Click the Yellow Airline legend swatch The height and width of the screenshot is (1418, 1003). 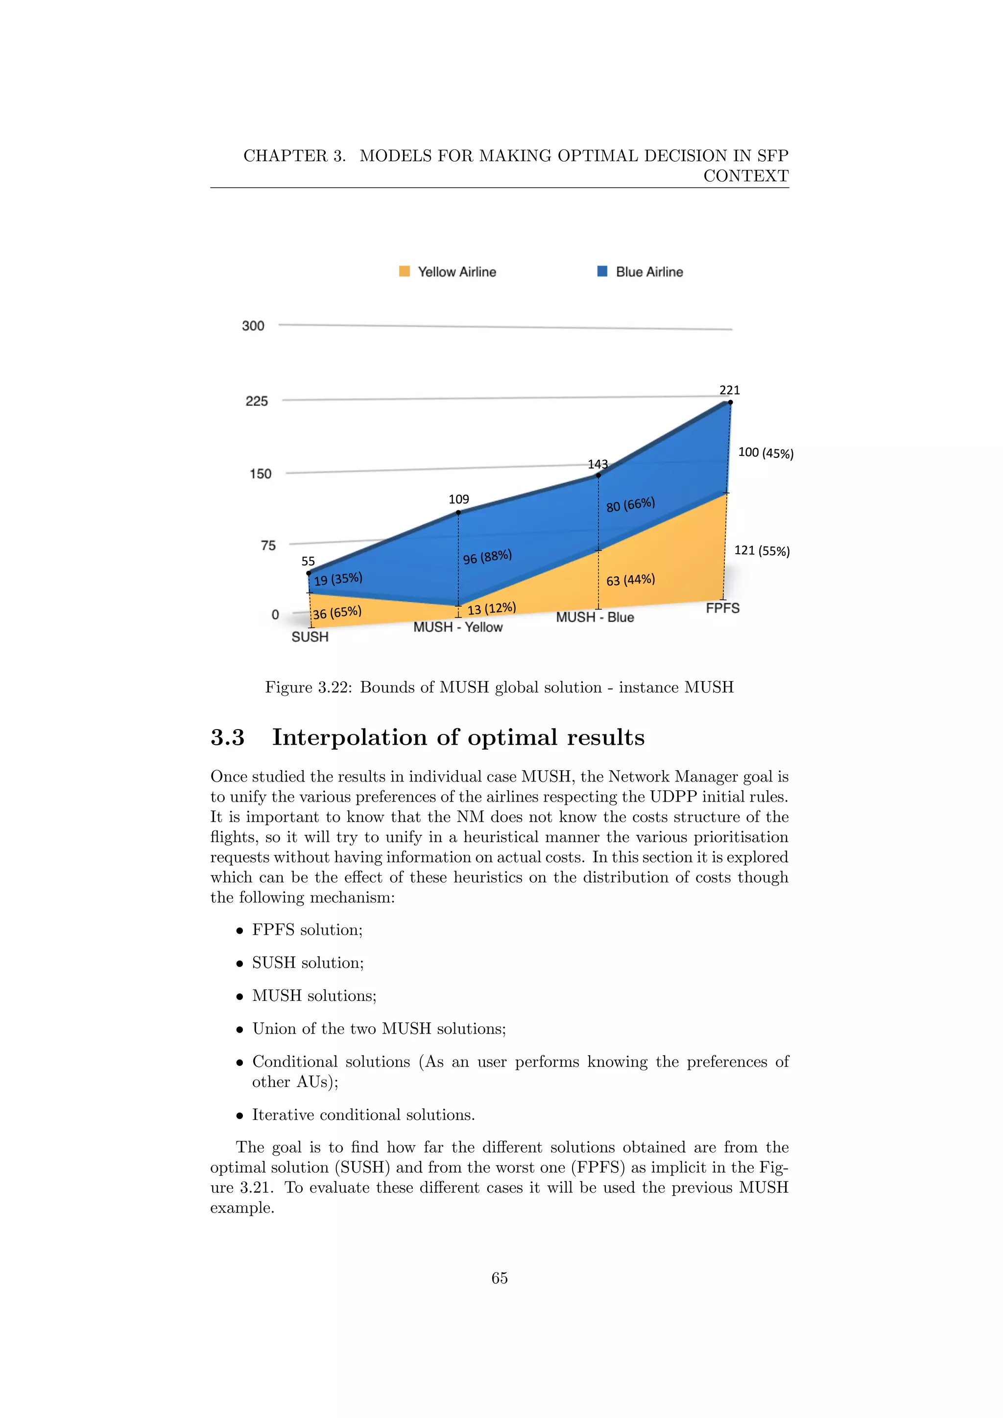click(x=405, y=271)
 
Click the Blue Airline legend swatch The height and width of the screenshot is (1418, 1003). click(x=602, y=271)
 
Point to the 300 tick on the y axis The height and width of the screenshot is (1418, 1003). click(x=253, y=326)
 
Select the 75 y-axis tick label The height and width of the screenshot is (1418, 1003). click(x=268, y=545)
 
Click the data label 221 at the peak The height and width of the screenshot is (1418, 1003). click(x=729, y=390)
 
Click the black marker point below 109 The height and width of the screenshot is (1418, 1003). click(x=458, y=513)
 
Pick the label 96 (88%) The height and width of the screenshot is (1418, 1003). click(x=487, y=556)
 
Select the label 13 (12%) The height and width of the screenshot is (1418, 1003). click(x=492, y=608)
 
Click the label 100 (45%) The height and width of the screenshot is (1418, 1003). click(x=766, y=453)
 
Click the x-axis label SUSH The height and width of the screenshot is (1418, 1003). click(x=310, y=637)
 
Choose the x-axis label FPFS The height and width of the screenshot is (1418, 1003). click(x=722, y=608)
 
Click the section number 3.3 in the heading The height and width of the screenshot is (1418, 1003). click(x=227, y=737)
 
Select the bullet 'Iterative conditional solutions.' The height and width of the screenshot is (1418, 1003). click(x=363, y=1115)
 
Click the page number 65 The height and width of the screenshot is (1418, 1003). click(x=500, y=1278)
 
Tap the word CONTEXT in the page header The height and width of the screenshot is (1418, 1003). click(x=745, y=176)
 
